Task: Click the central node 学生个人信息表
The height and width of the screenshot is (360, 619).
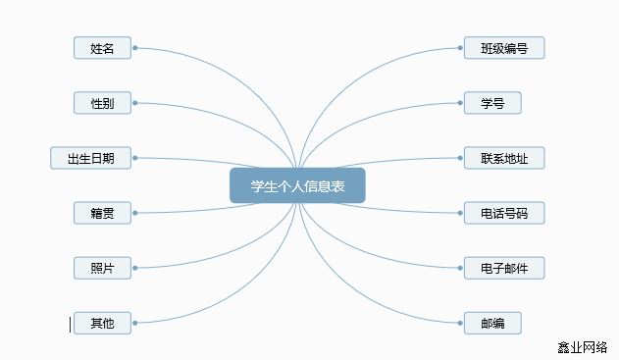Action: (x=297, y=186)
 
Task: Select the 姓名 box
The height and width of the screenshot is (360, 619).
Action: (x=102, y=48)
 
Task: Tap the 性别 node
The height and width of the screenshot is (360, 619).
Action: (x=102, y=103)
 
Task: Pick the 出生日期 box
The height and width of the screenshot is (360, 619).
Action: (x=90, y=158)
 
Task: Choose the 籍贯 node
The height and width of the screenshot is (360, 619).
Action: (x=102, y=213)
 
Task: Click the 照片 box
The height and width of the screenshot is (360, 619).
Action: (x=102, y=268)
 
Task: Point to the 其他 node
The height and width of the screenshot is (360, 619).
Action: (x=102, y=323)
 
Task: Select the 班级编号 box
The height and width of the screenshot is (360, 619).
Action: (x=504, y=48)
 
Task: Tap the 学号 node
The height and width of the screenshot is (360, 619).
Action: (x=492, y=103)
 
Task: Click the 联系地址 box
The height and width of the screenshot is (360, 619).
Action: (x=504, y=158)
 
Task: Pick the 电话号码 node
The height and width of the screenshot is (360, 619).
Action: (x=504, y=213)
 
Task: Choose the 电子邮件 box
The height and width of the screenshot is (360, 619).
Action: (x=504, y=268)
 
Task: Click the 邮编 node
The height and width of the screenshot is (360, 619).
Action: (x=492, y=323)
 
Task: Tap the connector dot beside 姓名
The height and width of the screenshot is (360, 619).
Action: (x=134, y=47)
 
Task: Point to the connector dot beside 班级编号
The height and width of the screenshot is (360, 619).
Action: (x=460, y=47)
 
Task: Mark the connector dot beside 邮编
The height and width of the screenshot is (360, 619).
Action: (x=460, y=323)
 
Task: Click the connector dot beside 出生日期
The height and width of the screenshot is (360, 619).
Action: (x=134, y=157)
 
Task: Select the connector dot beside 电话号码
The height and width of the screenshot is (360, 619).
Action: (x=460, y=213)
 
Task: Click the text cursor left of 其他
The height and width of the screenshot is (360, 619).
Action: (x=70, y=324)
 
